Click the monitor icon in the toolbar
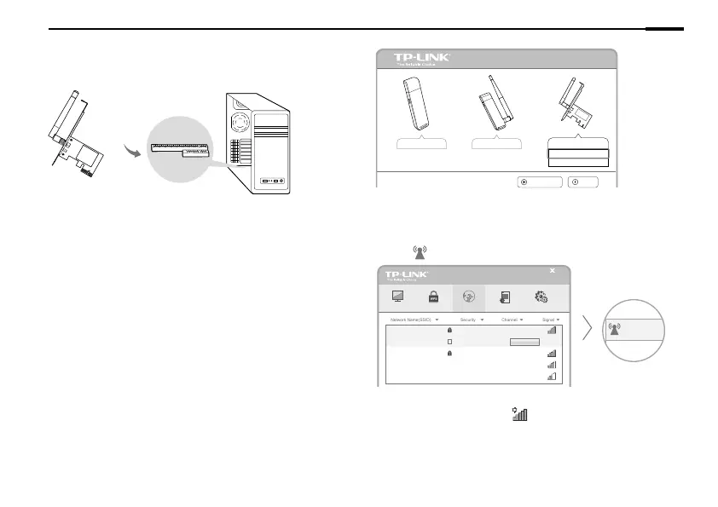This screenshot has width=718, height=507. pyautogui.click(x=396, y=297)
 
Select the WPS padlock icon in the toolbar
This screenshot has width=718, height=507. pyautogui.click(x=432, y=297)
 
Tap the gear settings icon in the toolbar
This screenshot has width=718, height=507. pyautogui.click(x=541, y=297)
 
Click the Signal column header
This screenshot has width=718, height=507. pyautogui.click(x=547, y=320)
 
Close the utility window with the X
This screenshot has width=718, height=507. pyautogui.click(x=552, y=271)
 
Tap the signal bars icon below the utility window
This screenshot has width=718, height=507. pyautogui.click(x=519, y=413)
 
